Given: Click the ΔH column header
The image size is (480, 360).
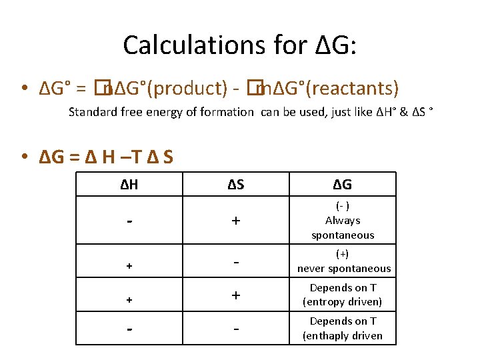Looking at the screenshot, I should [129, 185].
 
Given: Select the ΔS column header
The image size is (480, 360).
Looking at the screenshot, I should [235, 185].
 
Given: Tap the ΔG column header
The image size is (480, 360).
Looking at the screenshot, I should [342, 185].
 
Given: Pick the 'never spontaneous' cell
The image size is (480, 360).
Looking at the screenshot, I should [343, 261].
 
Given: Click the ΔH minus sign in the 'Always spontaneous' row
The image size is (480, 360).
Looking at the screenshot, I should [129, 220].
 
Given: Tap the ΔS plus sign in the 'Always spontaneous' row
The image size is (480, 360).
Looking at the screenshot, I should [235, 221].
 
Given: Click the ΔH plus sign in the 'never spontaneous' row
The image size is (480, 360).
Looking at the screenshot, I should [129, 265].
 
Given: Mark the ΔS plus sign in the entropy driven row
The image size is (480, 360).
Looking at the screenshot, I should [235, 295].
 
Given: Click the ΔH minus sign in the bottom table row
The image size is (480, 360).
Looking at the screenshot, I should [129, 329].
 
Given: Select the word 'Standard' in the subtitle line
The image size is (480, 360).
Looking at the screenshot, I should [91, 112].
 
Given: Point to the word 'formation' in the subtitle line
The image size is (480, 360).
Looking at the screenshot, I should [227, 112].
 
